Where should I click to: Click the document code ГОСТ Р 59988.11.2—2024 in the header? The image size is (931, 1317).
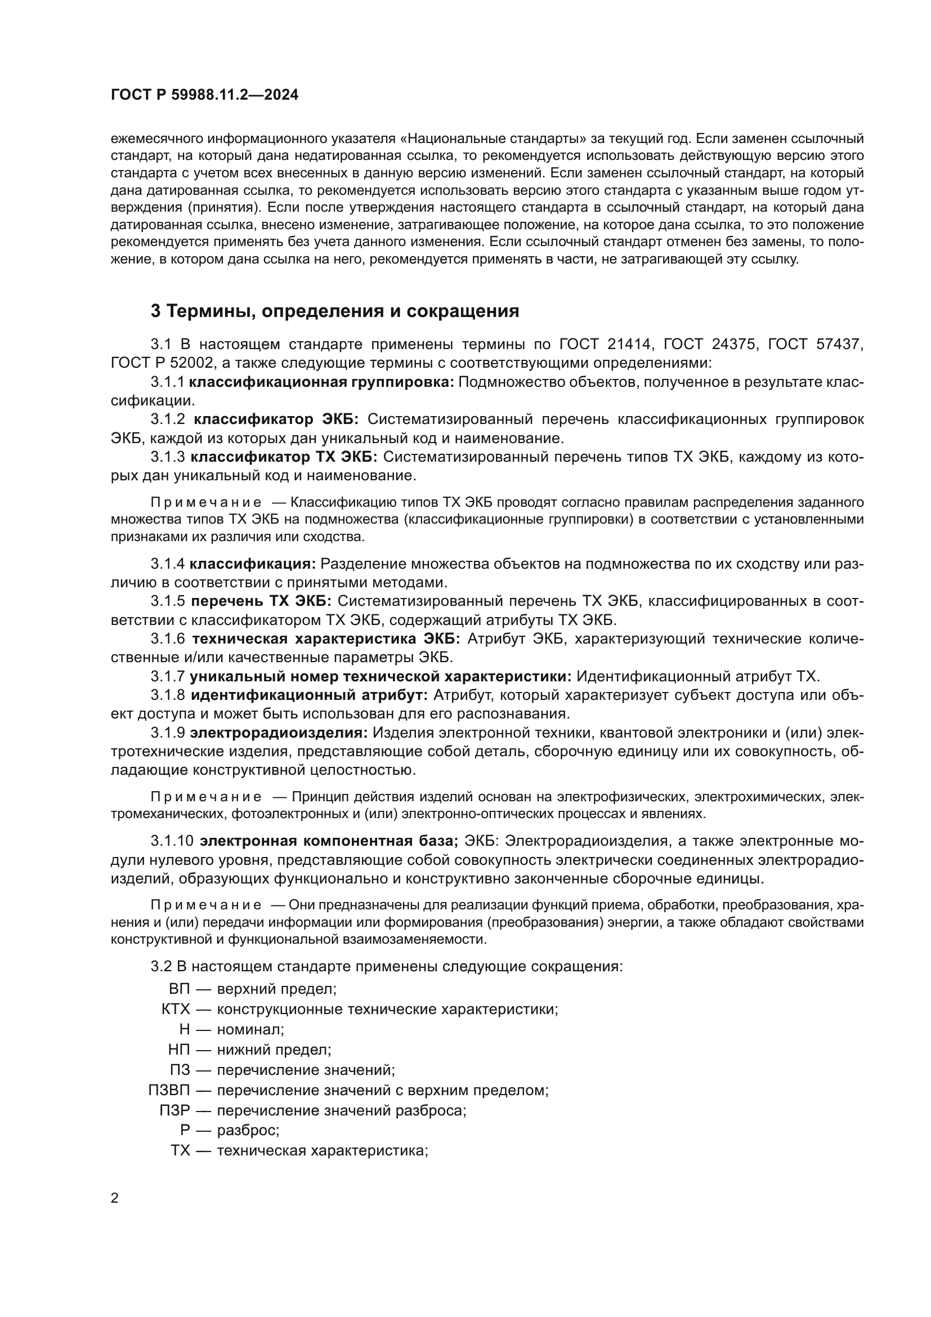(204, 95)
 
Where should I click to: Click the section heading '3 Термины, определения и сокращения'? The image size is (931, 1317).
(334, 311)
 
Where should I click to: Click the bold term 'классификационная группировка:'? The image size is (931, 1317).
(321, 382)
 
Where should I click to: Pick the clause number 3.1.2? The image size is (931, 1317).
(167, 419)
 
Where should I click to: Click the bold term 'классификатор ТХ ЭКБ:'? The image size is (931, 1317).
(284, 457)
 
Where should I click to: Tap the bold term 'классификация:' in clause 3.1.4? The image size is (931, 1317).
(253, 564)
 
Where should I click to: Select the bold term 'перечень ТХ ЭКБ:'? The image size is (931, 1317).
(261, 601)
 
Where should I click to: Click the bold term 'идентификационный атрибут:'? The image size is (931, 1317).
(309, 695)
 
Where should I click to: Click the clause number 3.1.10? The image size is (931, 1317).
(172, 841)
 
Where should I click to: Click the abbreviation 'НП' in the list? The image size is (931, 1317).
(179, 1050)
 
